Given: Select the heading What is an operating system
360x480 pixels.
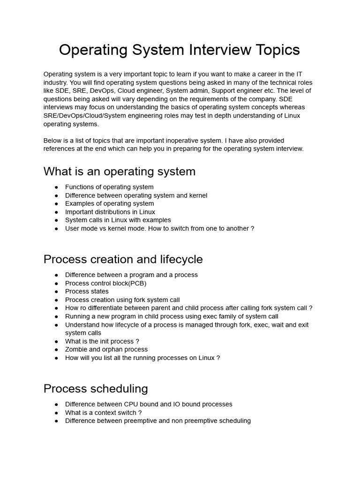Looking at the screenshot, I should click(120, 171).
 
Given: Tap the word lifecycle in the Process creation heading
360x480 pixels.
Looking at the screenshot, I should click(180, 259).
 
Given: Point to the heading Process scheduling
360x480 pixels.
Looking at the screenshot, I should click(96, 389).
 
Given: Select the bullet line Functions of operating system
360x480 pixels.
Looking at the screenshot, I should click(109, 187).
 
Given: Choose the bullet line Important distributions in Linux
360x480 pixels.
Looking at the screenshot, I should click(110, 212).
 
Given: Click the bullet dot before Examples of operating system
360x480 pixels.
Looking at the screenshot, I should click(56, 204).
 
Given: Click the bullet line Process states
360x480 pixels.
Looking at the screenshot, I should click(87, 292).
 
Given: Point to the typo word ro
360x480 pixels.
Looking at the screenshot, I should click(84, 308).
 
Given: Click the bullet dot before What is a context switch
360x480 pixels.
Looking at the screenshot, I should click(56, 413).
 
